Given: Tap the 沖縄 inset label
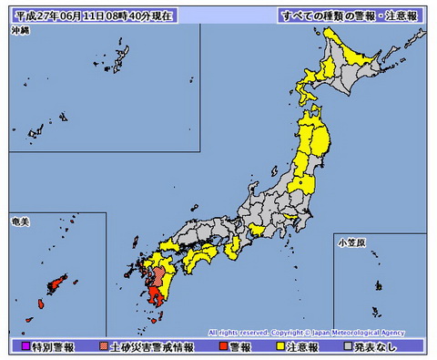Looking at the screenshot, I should point(21,31).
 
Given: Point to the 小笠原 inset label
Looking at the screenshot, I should point(351,242).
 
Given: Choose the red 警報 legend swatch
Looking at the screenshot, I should point(222,347).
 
